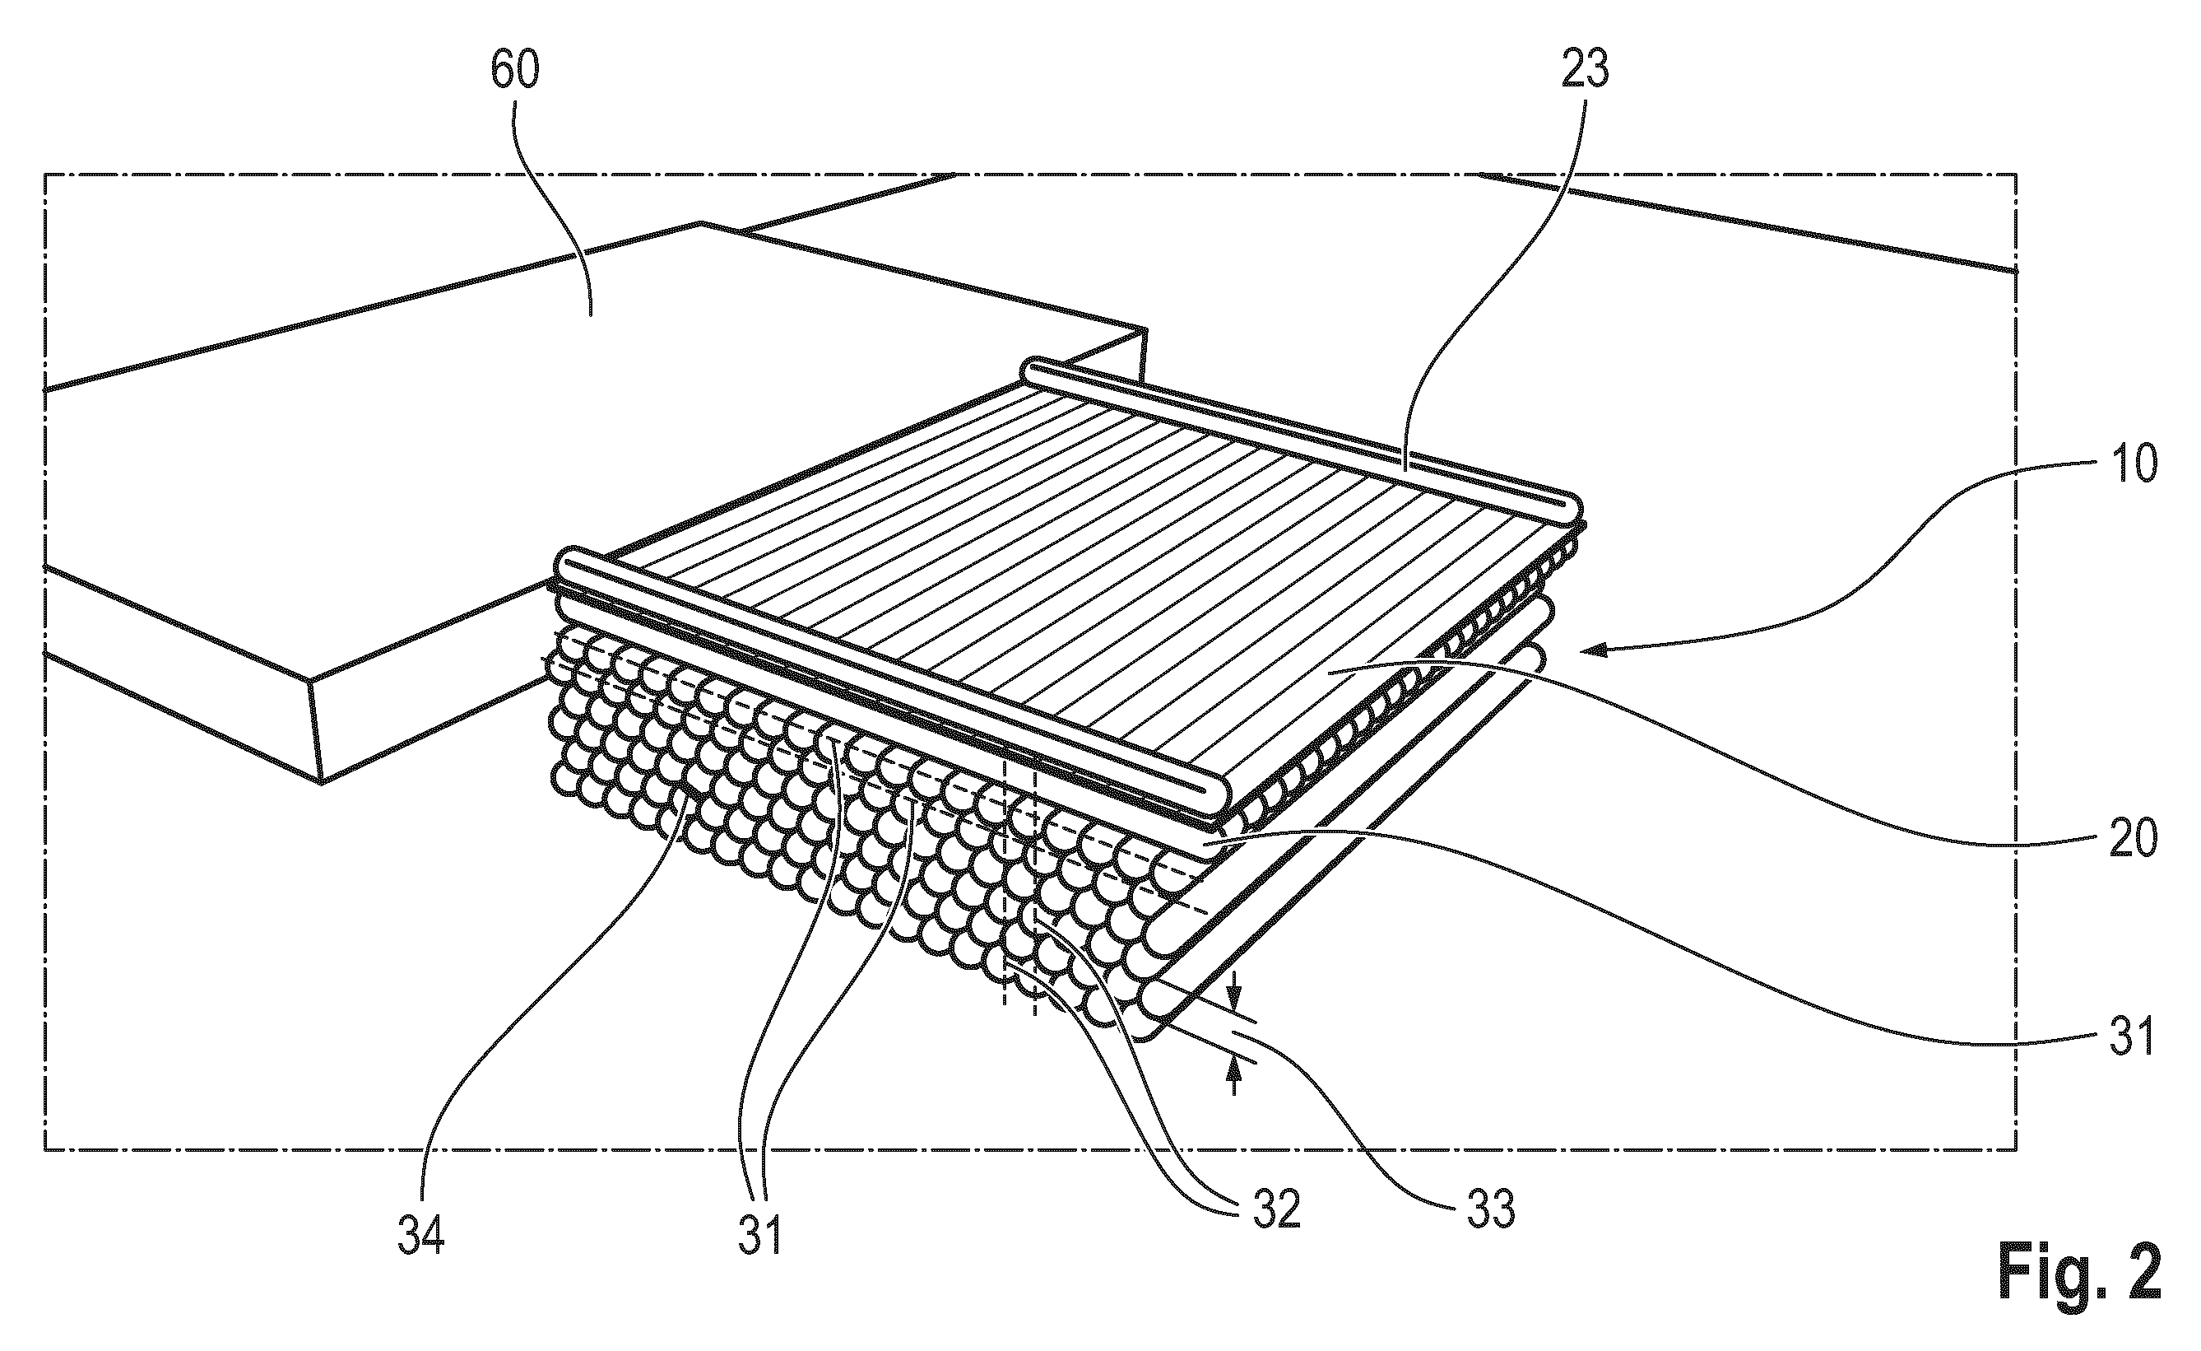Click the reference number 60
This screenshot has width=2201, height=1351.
(515, 70)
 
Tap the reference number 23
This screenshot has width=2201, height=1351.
(1585, 70)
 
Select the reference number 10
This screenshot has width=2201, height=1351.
(2133, 464)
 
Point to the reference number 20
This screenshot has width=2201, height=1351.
(2132, 839)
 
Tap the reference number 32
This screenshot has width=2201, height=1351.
(1275, 1212)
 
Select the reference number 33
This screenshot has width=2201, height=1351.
(1491, 1212)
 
